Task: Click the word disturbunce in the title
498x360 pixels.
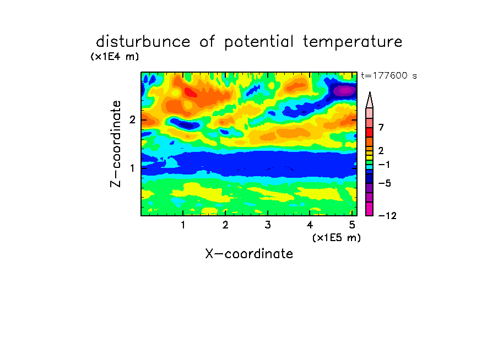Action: [143, 42]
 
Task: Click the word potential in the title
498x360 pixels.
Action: [259, 42]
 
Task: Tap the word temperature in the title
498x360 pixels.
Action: [353, 42]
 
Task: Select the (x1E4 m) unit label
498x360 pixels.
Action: [115, 57]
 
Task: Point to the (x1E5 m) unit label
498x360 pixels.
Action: [337, 237]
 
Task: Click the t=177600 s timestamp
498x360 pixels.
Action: [389, 75]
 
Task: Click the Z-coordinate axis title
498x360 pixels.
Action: [116, 144]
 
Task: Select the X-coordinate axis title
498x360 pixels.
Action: [249, 254]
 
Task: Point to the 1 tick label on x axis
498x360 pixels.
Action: [183, 225]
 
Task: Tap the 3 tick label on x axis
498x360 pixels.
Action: [268, 225]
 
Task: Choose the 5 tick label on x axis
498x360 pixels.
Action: [352, 225]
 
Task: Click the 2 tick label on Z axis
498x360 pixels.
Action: [132, 119]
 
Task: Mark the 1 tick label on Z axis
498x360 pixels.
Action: [132, 168]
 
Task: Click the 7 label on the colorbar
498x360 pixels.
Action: [381, 127]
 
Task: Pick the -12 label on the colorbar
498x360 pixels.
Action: [387, 216]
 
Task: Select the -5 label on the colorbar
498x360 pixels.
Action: [385, 183]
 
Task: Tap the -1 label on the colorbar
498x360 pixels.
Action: [384, 165]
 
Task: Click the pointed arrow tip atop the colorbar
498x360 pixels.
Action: [370, 92]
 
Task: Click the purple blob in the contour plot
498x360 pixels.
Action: [345, 90]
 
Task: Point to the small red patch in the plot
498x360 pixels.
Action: [191, 92]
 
